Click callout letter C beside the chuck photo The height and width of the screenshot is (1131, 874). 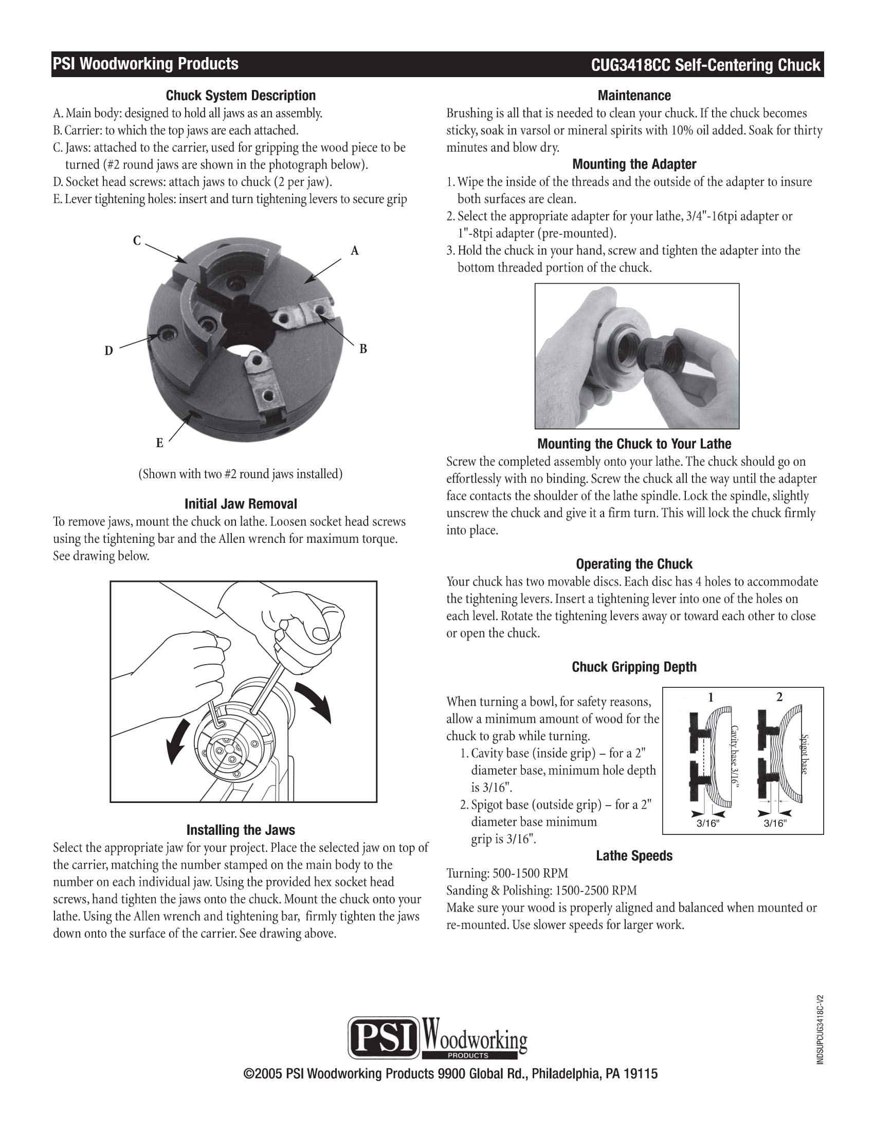pyautogui.click(x=137, y=241)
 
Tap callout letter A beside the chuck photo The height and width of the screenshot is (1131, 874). pyautogui.click(x=355, y=251)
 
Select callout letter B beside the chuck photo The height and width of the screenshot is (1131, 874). pyautogui.click(x=363, y=349)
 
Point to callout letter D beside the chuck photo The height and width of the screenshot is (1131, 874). pyautogui.click(x=108, y=351)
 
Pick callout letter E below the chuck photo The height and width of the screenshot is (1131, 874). pyautogui.click(x=159, y=443)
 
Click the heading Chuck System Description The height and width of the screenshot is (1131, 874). pyautogui.click(x=240, y=96)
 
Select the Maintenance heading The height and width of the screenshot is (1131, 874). pyautogui.click(x=634, y=96)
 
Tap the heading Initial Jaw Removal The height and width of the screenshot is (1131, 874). pyautogui.click(x=240, y=504)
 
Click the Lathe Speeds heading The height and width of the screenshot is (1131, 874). pyautogui.click(x=634, y=856)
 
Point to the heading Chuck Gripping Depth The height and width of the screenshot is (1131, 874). pyautogui.click(x=634, y=667)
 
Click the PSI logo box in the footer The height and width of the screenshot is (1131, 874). pyautogui.click(x=383, y=1037)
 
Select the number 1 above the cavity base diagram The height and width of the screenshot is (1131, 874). pyautogui.click(x=711, y=698)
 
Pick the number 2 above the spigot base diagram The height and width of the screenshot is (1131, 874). pyautogui.click(x=779, y=698)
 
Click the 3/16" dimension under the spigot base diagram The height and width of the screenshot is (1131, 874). pyautogui.click(x=775, y=824)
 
